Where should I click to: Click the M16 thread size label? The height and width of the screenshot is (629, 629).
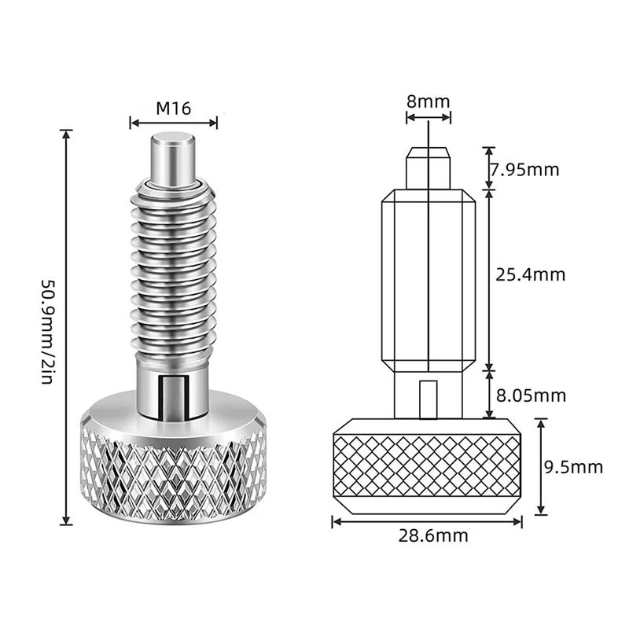point(173,109)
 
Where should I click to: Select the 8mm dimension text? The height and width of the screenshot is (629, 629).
point(428,101)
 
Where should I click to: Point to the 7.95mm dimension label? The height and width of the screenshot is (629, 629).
point(524,168)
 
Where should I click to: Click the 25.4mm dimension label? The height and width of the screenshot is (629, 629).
point(530,274)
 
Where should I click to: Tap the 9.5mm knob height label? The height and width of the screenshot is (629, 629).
point(574,467)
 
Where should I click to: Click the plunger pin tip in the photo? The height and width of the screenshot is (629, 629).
point(174,156)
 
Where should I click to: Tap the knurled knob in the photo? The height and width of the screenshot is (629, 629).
point(174,472)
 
